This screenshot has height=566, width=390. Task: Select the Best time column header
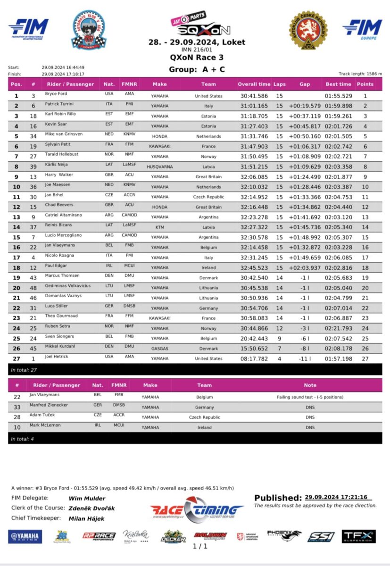[338, 84]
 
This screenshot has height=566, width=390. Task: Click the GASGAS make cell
[159, 349]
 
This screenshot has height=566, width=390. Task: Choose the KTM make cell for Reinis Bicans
[159, 227]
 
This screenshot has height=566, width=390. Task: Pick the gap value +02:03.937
[305, 268]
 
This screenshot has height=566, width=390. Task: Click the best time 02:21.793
[338, 328]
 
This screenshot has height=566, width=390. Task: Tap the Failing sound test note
[310, 397]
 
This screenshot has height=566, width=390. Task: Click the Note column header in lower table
[310, 385]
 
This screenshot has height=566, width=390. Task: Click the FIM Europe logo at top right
[362, 29]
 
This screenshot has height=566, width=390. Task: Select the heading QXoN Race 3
[197, 58]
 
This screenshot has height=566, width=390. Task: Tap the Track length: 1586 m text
[360, 74]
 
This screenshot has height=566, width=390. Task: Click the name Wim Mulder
[87, 498]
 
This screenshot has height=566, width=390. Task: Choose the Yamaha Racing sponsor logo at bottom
[25, 536]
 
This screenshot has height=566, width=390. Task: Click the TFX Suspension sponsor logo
[358, 536]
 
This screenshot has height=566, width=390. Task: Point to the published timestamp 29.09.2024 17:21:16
[337, 497]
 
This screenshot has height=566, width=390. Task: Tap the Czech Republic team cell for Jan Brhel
[208, 197]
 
